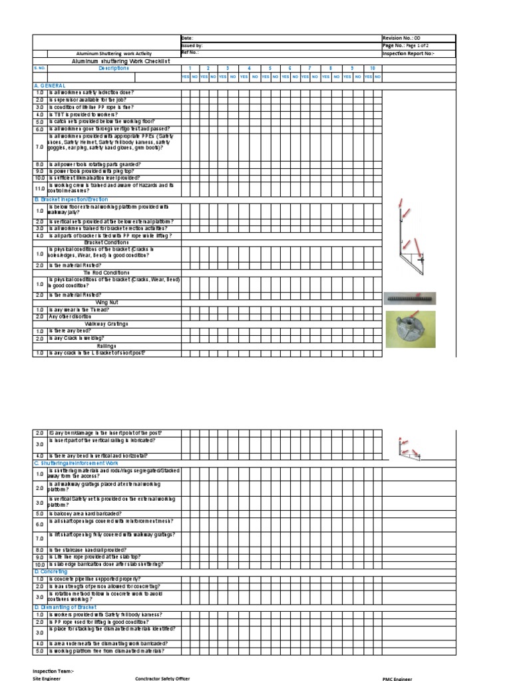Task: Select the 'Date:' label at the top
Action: pos(187,38)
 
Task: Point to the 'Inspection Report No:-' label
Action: pos(408,53)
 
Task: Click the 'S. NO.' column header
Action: pos(39,68)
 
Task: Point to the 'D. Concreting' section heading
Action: pos(51,571)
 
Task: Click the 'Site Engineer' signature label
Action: pos(47,678)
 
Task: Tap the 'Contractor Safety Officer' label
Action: pos(162,678)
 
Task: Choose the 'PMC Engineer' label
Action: pos(397,678)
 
